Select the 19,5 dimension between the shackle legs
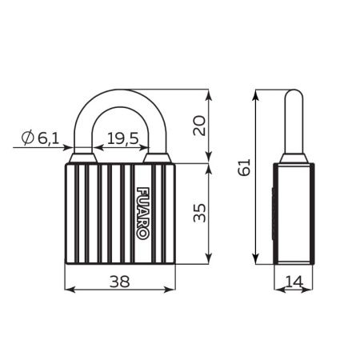[122, 139]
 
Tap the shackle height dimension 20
[200, 125]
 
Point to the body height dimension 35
[200, 212]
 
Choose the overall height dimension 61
[246, 166]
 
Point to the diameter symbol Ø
[26, 140]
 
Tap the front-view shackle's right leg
[158, 136]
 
